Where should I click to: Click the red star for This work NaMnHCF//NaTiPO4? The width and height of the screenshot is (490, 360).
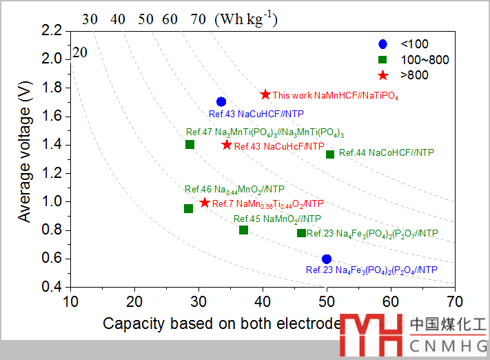265,94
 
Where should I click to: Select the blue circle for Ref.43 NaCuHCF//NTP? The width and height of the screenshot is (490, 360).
221,102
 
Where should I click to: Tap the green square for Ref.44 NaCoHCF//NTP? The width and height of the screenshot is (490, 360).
330,154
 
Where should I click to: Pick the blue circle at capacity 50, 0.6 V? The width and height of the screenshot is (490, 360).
327,259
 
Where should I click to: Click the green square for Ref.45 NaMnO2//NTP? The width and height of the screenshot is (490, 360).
243,230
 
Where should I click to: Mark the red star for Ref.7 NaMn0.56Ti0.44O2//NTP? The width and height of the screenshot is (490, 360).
205,203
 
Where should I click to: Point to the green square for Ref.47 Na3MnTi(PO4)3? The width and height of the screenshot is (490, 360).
190,144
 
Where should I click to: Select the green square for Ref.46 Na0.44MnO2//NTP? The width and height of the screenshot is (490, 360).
189,208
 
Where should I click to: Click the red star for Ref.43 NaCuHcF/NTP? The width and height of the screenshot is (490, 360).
227,145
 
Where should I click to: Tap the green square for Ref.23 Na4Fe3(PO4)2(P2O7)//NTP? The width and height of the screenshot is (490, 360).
301,233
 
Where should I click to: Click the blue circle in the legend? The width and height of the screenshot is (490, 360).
383,45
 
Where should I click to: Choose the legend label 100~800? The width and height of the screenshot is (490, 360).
425,60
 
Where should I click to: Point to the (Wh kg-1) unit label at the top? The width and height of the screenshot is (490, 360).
245,19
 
